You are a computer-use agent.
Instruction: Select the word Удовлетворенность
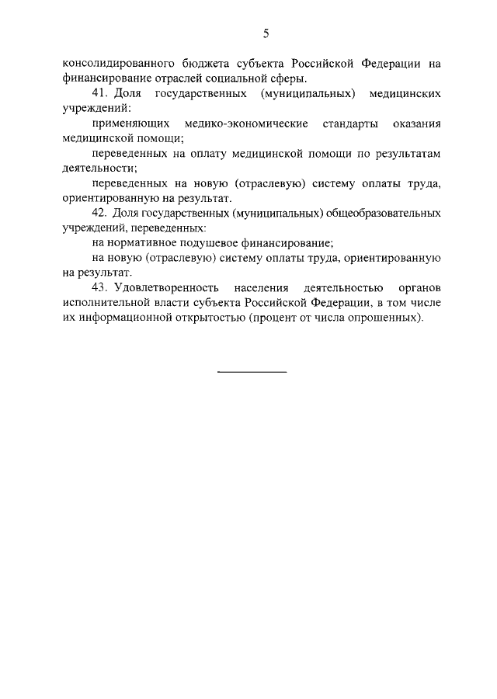166,288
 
